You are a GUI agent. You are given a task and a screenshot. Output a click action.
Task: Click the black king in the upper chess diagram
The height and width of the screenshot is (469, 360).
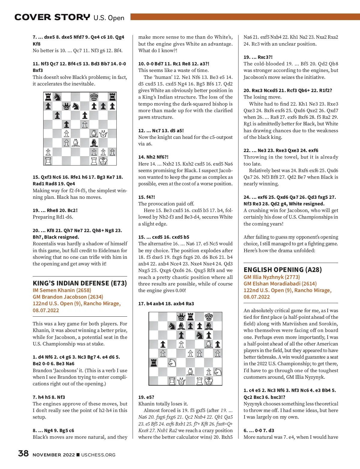[x=94, y=97]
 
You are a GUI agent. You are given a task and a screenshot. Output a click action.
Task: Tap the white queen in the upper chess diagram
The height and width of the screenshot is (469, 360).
[x=103, y=133]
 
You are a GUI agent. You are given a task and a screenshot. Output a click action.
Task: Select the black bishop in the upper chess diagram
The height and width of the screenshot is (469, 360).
[x=94, y=142]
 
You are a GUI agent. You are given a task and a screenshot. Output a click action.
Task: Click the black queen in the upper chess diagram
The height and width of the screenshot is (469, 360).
[x=66, y=106]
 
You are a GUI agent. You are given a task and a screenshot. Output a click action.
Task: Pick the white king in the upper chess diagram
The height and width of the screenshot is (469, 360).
[x=103, y=161]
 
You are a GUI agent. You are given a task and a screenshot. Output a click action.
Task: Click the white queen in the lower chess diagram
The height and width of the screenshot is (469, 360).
[x=181, y=381]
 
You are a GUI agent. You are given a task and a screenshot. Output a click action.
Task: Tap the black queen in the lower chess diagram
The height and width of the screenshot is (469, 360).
[x=181, y=317]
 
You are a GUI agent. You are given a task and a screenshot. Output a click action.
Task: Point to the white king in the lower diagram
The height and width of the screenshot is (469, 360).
[x=209, y=381]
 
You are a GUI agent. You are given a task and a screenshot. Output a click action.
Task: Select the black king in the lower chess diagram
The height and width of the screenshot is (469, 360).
[x=209, y=317]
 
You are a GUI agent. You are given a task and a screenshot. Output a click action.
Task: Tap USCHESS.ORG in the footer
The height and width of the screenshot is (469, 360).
[x=98, y=455]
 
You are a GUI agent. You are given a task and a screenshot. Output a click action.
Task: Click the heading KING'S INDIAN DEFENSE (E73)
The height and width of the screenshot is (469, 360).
[x=80, y=283]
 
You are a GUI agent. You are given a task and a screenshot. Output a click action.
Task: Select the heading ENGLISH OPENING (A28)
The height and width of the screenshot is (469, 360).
[x=283, y=270]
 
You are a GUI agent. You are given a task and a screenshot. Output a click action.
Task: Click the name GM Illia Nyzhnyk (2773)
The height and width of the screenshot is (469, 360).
[x=271, y=277]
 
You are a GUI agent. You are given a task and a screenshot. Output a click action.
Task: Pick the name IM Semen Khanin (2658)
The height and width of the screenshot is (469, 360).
[x=62, y=290]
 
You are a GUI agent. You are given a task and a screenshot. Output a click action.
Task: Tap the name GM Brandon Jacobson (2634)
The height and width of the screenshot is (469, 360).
[x=68, y=297]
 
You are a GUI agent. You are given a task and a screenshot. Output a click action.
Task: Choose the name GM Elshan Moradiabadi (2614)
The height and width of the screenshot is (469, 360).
[x=280, y=283]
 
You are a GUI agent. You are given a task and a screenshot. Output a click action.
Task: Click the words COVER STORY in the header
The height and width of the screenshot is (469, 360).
[x=52, y=17]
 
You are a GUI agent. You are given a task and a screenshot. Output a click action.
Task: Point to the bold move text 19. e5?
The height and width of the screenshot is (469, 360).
[x=146, y=397]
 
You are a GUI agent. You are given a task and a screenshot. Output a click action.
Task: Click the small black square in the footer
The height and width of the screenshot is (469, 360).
[x=78, y=455]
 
